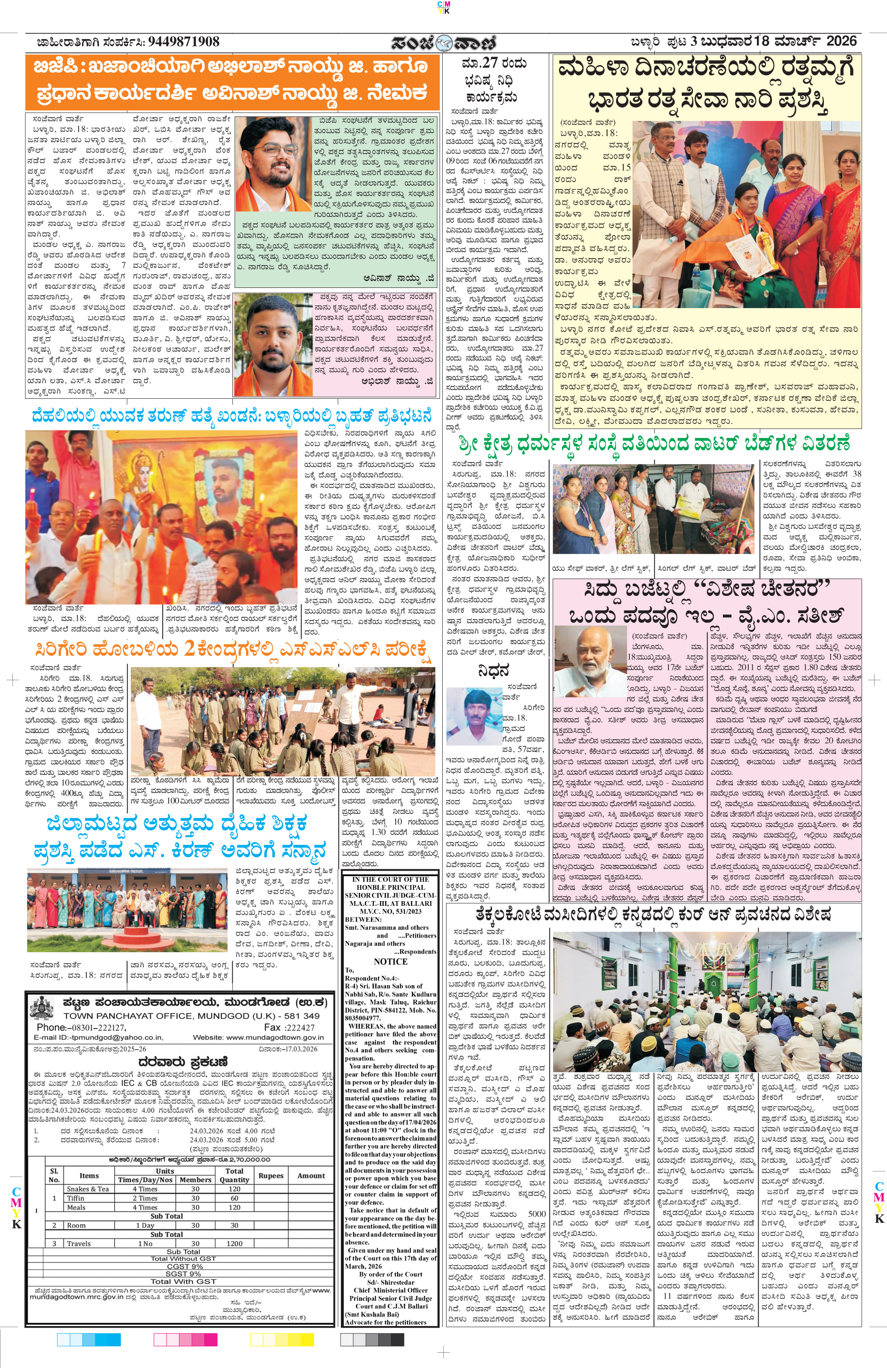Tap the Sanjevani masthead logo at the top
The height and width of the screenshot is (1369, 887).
tap(443, 43)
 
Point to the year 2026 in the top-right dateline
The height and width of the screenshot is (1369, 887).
tap(841, 41)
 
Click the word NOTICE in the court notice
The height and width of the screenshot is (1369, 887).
tap(390, 961)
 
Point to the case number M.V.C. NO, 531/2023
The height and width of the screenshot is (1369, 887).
tap(390, 911)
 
